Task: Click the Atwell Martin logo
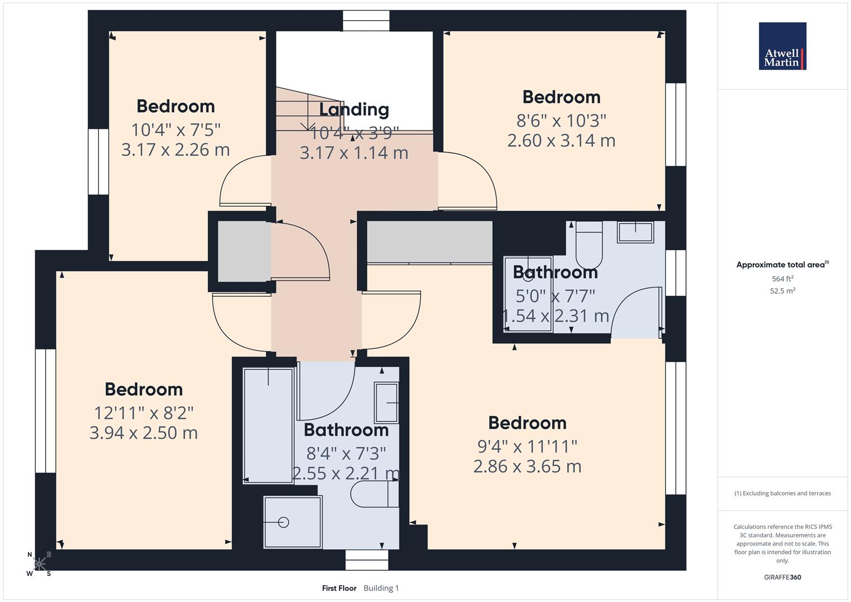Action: point(782,46)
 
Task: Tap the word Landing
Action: point(354,109)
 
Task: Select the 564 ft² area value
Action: point(782,279)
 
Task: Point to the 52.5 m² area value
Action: point(782,290)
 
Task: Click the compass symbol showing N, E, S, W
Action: point(39,564)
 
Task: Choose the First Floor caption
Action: point(339,588)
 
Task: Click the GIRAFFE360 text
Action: point(782,577)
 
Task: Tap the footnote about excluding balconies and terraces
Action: point(782,493)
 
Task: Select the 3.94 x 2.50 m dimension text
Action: point(144,433)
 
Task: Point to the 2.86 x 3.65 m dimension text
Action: point(527,467)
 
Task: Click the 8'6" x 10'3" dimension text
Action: point(561,120)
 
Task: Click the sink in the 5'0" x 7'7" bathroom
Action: point(635,232)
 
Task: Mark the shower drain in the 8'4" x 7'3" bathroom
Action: point(284,522)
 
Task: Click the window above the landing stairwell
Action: point(366,21)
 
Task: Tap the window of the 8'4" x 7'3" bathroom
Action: point(366,560)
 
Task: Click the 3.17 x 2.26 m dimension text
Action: point(176,150)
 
